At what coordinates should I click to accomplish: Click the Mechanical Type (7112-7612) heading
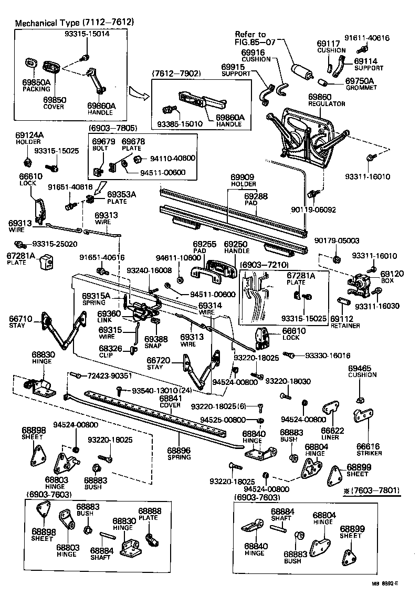pyautogui.click(x=74, y=23)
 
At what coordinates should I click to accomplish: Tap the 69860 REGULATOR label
pyautogui.click(x=327, y=100)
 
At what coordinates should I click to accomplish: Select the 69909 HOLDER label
pyautogui.click(x=243, y=181)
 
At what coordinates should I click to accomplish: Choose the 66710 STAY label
pyautogui.click(x=20, y=321)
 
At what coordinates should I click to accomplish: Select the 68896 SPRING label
pyautogui.click(x=179, y=454)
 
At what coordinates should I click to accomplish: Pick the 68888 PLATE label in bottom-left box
pyautogui.click(x=150, y=514)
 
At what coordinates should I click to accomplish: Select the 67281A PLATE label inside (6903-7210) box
pyautogui.click(x=301, y=279)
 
